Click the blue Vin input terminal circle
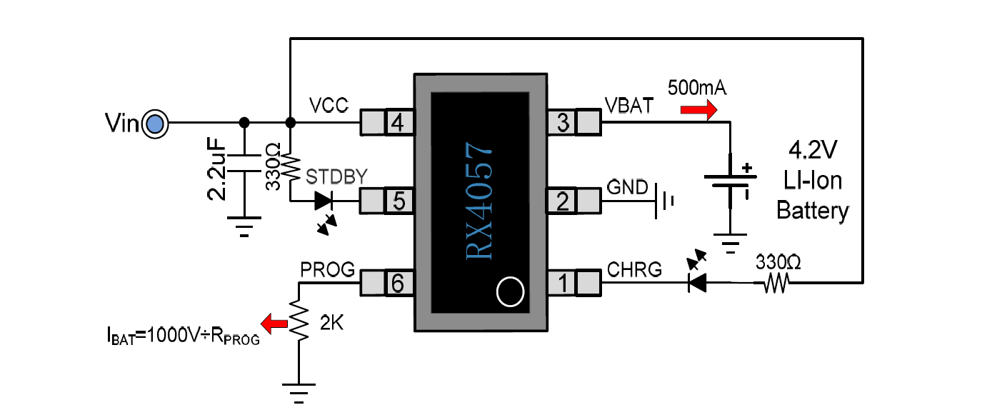pyautogui.click(x=154, y=125)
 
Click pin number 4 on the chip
pyautogui.click(x=398, y=123)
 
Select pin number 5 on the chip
pyautogui.click(x=398, y=201)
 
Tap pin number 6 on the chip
pyautogui.click(x=398, y=284)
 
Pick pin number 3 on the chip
pyautogui.click(x=563, y=123)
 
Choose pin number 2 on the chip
pyautogui.click(x=563, y=201)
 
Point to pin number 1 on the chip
pyautogui.click(x=563, y=284)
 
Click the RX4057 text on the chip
pyautogui.click(x=479, y=201)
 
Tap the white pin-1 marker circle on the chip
pyautogui.click(x=510, y=291)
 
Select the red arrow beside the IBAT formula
pyautogui.click(x=271, y=324)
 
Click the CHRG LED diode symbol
pyautogui.click(x=696, y=283)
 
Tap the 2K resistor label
pyautogui.click(x=332, y=323)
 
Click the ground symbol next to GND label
pyautogui.click(x=663, y=201)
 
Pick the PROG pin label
pyautogui.click(x=327, y=270)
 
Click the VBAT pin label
pyautogui.click(x=628, y=106)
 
